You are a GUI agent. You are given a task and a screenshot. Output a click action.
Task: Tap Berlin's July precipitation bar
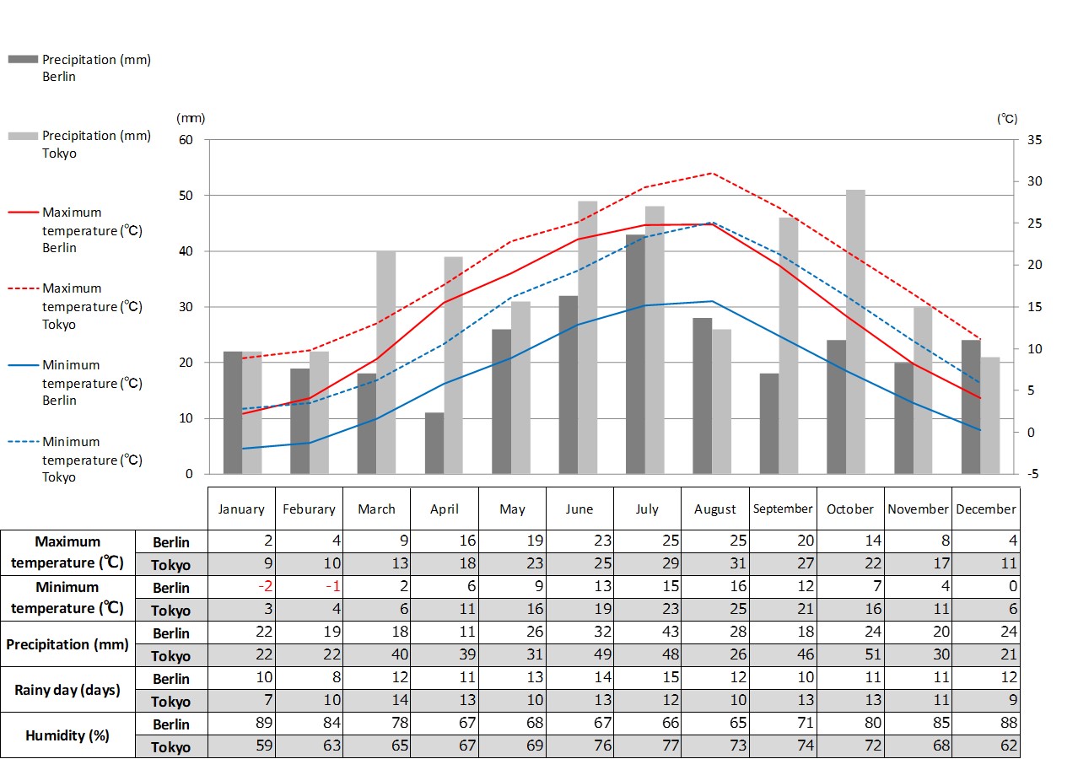[635, 354]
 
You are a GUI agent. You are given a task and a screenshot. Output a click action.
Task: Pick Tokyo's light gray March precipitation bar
[385, 363]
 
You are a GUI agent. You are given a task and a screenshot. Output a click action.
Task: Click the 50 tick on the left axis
[186, 196]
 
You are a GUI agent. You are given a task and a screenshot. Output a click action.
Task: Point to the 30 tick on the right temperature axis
[1034, 181]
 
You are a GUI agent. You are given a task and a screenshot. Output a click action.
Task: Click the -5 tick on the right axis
[1032, 474]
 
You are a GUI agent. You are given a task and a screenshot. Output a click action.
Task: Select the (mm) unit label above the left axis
[191, 119]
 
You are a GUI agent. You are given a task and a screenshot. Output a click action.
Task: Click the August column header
[715, 509]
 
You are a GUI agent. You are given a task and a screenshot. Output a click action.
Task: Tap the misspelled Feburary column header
[309, 509]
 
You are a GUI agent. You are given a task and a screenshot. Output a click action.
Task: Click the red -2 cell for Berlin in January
[241, 587]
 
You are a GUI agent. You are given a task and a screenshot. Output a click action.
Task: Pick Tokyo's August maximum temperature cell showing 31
[715, 564]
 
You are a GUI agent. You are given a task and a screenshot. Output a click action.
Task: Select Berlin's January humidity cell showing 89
[241, 724]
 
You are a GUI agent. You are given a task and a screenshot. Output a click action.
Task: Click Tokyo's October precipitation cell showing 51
[850, 655]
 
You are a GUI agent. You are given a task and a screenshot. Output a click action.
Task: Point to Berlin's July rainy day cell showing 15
[648, 678]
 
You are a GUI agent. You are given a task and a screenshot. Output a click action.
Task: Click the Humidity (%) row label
[67, 735]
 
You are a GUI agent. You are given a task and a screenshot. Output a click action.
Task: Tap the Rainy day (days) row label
[67, 690]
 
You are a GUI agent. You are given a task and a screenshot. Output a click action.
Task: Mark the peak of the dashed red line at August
[713, 173]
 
